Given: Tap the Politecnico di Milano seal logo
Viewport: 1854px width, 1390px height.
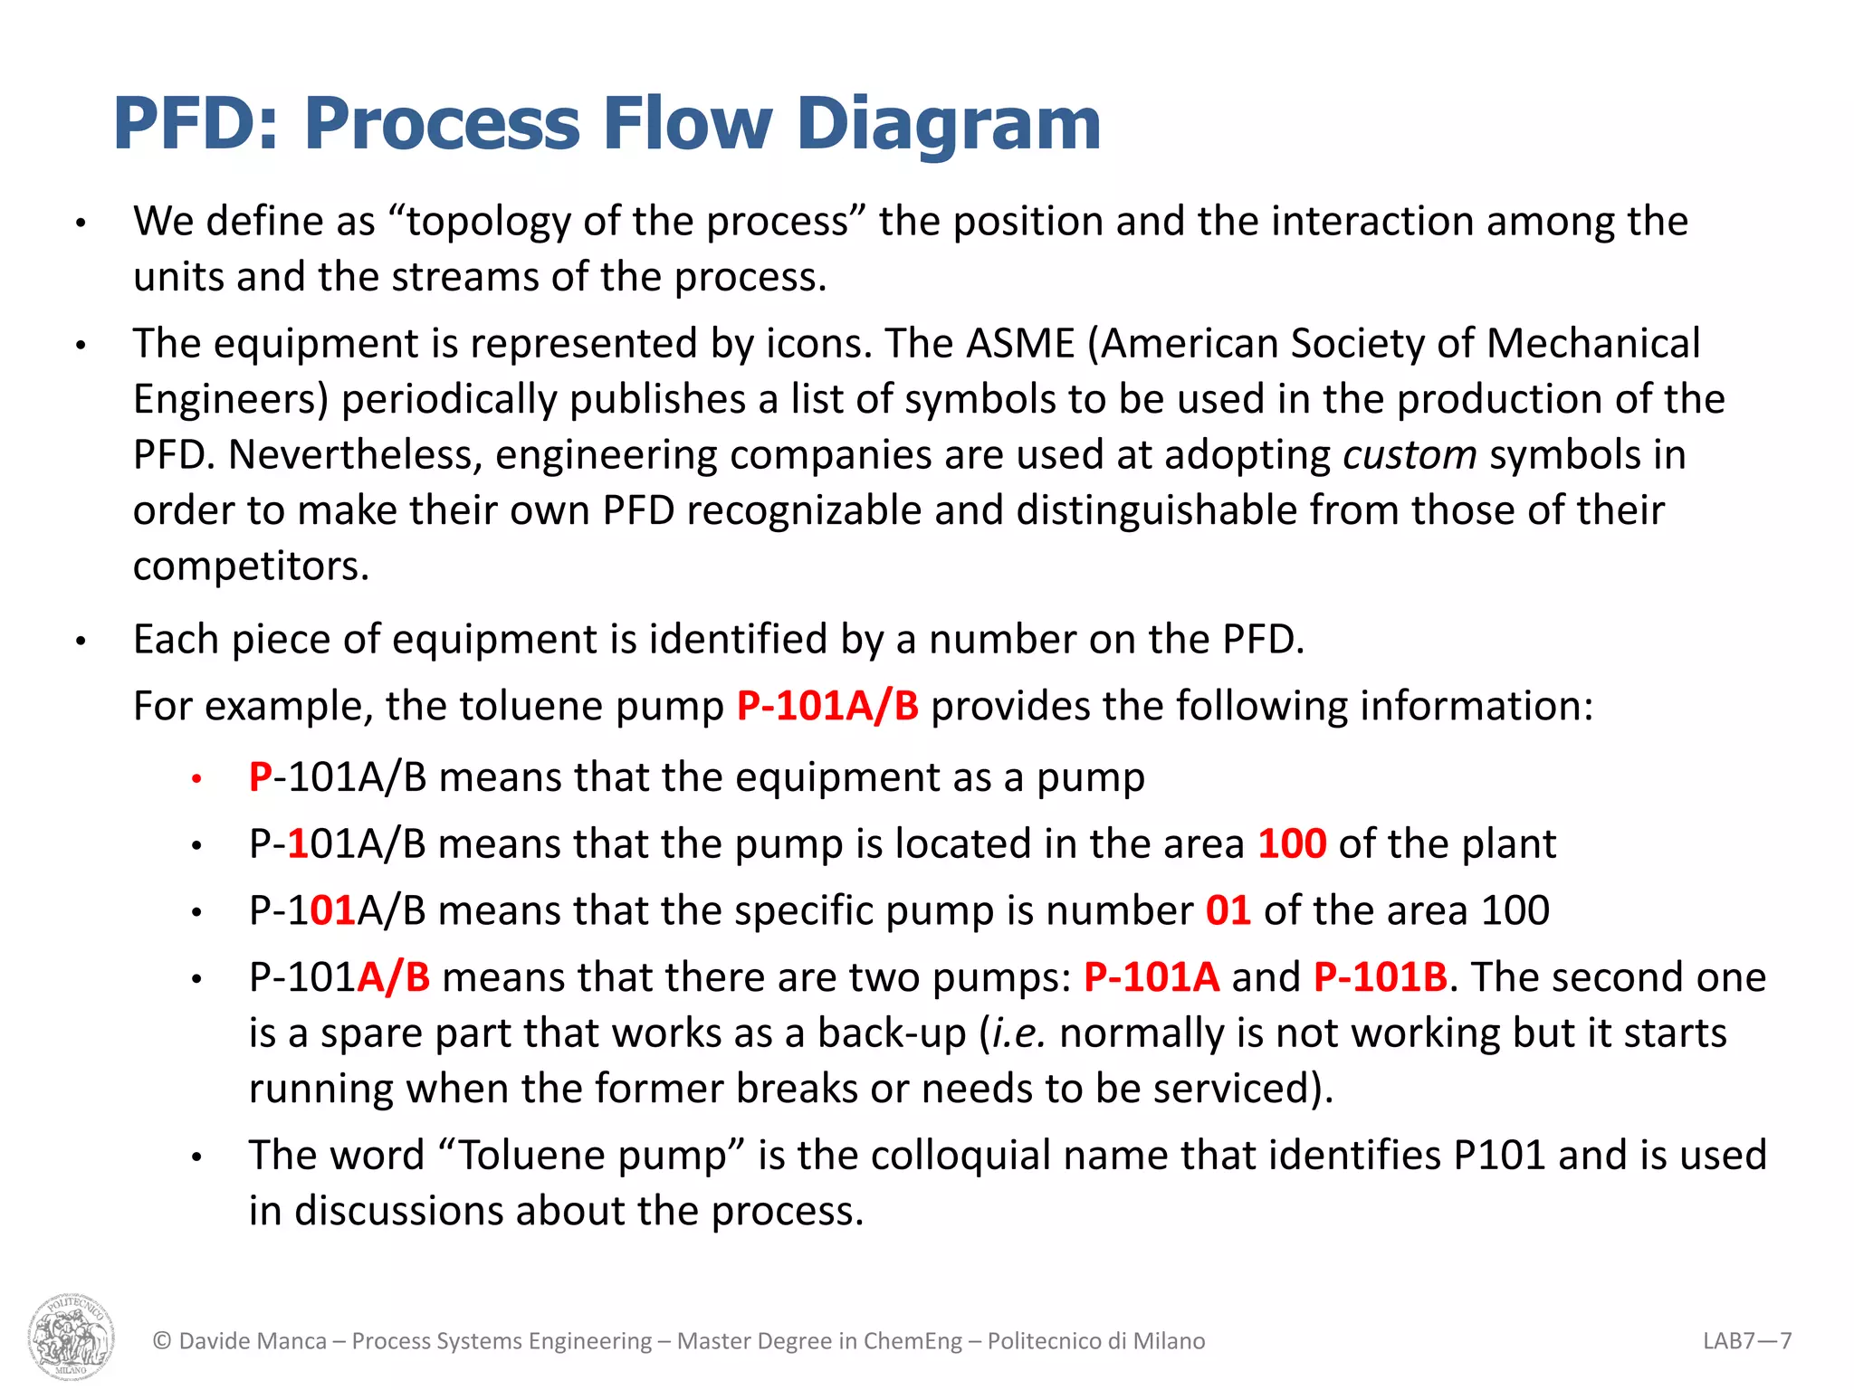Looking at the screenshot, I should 72,1336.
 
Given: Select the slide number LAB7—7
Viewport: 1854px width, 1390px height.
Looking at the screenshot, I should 1746,1340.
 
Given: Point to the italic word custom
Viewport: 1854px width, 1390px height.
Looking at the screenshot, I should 1410,454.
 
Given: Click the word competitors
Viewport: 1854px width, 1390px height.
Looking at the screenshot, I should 251,566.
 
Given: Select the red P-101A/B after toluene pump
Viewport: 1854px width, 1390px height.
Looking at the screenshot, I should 827,706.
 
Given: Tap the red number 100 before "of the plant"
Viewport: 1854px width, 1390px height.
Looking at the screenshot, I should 1292,843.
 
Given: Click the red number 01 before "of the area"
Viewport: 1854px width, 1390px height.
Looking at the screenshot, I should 1228,910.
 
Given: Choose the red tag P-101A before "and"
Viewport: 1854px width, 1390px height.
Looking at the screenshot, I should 1152,977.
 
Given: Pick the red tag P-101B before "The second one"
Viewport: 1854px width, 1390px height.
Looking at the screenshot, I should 1381,977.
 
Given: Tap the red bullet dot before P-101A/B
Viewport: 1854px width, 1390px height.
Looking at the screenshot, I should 196,778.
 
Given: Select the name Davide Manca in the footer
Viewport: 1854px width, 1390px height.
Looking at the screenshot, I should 253,1340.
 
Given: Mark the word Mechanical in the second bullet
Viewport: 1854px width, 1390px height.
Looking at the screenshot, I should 1592,344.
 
